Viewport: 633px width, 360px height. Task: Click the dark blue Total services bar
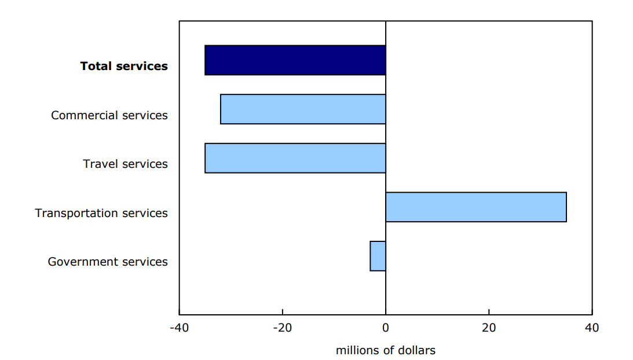pyautogui.click(x=295, y=60)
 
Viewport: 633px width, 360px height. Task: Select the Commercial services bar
pyautogui.click(x=303, y=109)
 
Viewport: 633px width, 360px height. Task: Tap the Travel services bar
pyautogui.click(x=295, y=158)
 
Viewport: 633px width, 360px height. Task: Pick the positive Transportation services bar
pyautogui.click(x=475, y=207)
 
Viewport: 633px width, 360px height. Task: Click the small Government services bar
pyautogui.click(x=378, y=256)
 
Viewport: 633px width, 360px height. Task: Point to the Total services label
pyautogui.click(x=124, y=66)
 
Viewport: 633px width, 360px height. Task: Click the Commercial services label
pyautogui.click(x=109, y=115)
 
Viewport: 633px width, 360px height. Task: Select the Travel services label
pyautogui.click(x=125, y=164)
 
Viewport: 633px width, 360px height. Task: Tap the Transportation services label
pyautogui.click(x=101, y=213)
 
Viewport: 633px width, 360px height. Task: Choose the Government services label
pyautogui.click(x=108, y=262)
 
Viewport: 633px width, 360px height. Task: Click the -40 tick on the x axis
pyautogui.click(x=178, y=328)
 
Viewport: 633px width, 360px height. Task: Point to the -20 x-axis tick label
pyautogui.click(x=282, y=328)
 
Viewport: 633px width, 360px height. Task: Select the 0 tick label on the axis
pyautogui.click(x=386, y=328)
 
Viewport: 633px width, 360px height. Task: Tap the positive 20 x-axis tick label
pyautogui.click(x=489, y=328)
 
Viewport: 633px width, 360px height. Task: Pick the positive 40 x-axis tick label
pyautogui.click(x=592, y=328)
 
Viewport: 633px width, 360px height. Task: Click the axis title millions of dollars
pyautogui.click(x=385, y=350)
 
